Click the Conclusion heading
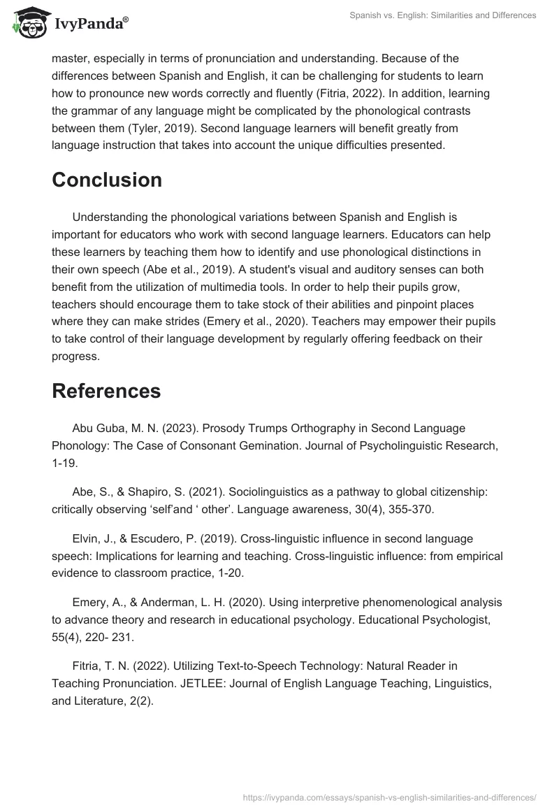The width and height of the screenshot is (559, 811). (x=107, y=180)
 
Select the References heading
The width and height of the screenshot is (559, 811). (x=106, y=391)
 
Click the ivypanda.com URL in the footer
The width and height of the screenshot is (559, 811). (x=388, y=796)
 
